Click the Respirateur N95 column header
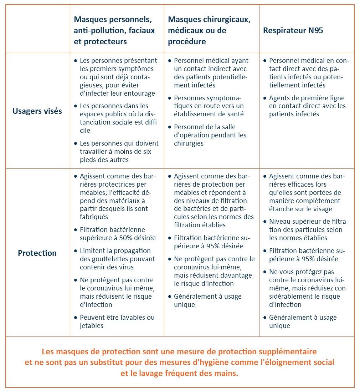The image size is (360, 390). pyautogui.click(x=293, y=30)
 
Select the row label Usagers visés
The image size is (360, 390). pyautogui.click(x=37, y=111)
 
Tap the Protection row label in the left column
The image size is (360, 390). pyautogui.click(x=37, y=253)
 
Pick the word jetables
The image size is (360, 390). pyautogui.click(x=91, y=325)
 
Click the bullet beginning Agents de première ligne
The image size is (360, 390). pyautogui.click(x=307, y=106)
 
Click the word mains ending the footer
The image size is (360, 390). pyautogui.click(x=227, y=373)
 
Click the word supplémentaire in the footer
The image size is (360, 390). pyautogui.click(x=288, y=351)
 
